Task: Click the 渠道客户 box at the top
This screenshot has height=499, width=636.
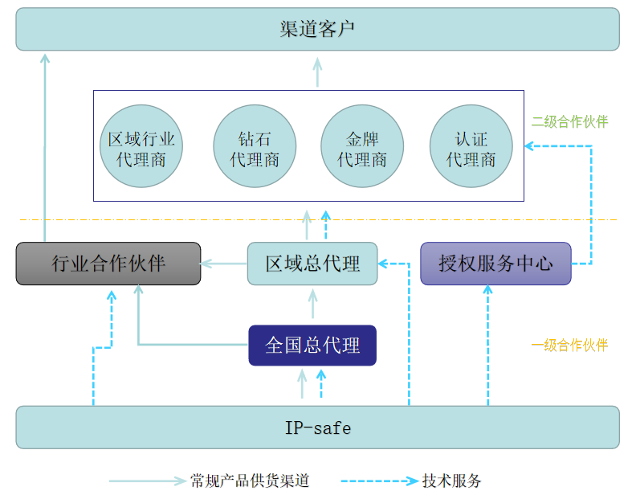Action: point(317,29)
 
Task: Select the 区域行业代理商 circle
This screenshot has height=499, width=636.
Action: point(141,146)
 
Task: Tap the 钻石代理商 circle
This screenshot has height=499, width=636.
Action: point(255,146)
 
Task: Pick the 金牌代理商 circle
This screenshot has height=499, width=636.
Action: point(362,146)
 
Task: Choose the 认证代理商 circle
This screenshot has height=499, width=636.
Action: point(471,146)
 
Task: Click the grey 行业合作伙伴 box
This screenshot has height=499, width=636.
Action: point(108,264)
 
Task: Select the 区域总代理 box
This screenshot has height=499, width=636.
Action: point(312,264)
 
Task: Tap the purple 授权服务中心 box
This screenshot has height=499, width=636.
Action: point(495,264)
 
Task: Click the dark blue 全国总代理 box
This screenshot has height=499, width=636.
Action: point(312,346)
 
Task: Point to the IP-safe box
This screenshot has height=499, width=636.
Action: point(317,427)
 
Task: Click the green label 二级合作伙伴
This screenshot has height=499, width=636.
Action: point(569,121)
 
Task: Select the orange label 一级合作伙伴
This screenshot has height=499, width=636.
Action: point(569,345)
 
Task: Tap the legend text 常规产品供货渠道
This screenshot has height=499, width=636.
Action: point(250,481)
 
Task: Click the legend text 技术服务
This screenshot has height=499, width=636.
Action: point(451,481)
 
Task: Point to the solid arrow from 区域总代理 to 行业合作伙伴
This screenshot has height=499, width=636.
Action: point(224,264)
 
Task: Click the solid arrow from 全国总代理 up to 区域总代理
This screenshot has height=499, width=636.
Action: point(312,303)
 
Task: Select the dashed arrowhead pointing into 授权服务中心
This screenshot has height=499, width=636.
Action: point(488,289)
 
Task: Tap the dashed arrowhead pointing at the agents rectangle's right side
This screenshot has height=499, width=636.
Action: point(529,146)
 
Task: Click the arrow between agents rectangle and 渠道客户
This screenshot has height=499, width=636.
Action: point(317,72)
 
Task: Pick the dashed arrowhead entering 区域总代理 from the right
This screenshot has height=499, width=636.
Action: point(382,264)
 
